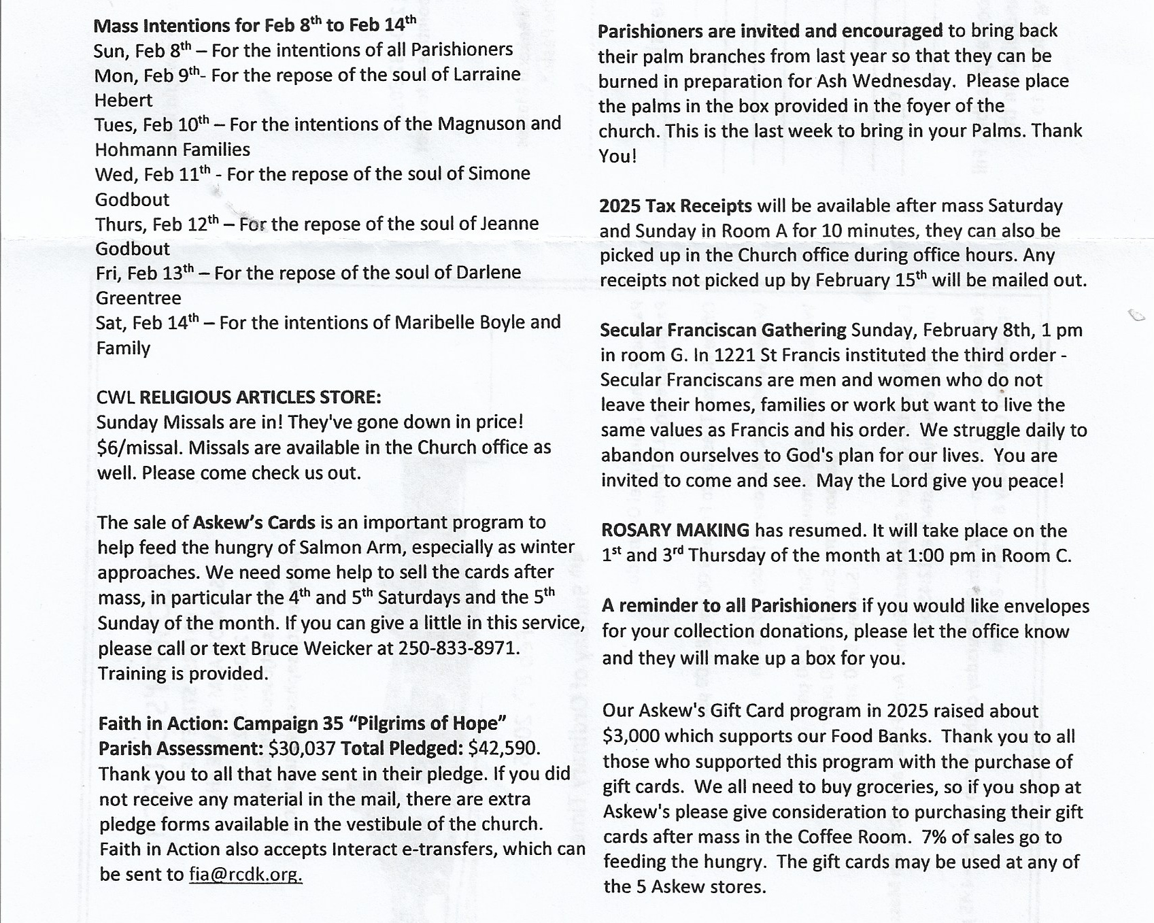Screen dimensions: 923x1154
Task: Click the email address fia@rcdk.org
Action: pos(245,874)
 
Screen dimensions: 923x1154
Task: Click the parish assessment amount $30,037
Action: pos(302,748)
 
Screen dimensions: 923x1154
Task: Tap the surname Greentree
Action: pos(139,298)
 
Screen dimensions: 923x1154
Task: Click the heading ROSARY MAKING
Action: pos(675,530)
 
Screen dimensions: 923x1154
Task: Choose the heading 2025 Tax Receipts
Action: pos(675,205)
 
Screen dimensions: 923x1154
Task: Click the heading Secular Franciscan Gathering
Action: pos(723,330)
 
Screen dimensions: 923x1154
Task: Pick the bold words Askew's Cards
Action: pos(254,522)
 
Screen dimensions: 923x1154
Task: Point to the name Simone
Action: pos(499,173)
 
